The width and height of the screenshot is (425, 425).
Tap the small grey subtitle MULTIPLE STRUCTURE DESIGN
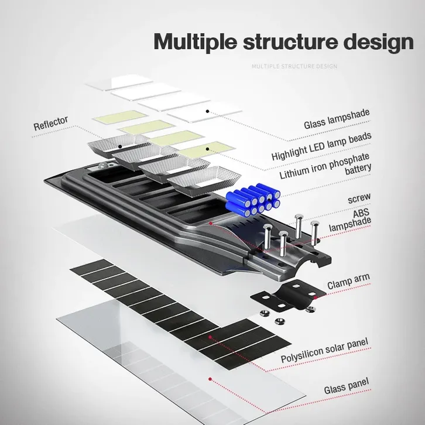pos(294,66)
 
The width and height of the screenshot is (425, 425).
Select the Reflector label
pos(51,124)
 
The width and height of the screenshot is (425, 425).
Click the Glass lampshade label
pos(337,121)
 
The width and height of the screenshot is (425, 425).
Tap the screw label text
pos(359,198)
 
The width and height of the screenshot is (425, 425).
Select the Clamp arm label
pos(348,282)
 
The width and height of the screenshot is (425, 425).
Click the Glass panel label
pos(347,386)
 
